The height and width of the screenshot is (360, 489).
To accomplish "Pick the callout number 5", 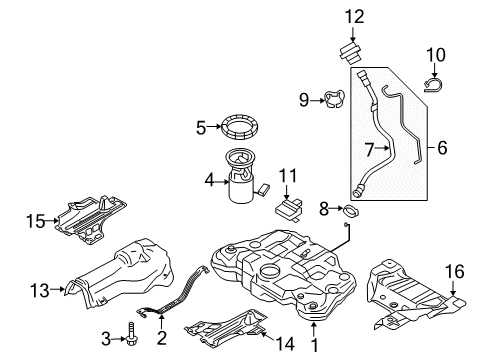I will click(x=200, y=127).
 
